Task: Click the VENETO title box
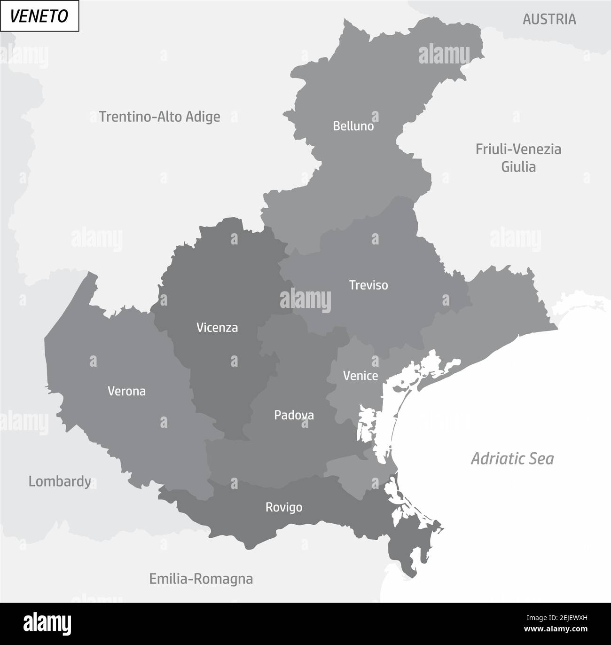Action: pos(39,16)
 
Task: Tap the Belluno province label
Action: pos(353,126)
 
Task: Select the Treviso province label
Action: pos(368,285)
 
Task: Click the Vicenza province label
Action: pos(217,328)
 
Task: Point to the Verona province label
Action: pos(126,391)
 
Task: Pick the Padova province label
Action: pos(294,415)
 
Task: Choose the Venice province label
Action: pos(360,376)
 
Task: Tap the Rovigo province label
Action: pos(283,507)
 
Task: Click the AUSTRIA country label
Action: pos(549,19)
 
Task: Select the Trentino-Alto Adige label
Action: pos(159,116)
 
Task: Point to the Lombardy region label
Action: pos(60,481)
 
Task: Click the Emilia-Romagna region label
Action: pos(201,579)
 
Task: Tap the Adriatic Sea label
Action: pos(512,458)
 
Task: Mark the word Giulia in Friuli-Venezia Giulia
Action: pos(518,166)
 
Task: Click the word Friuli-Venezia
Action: pos(518,149)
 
